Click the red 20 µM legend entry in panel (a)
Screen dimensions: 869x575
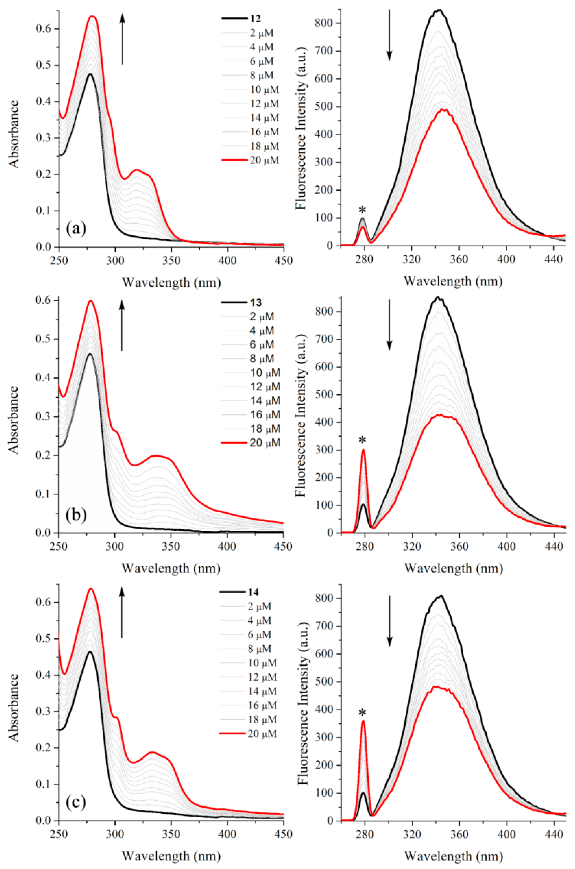264,160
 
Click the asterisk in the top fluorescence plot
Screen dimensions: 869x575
363,210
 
